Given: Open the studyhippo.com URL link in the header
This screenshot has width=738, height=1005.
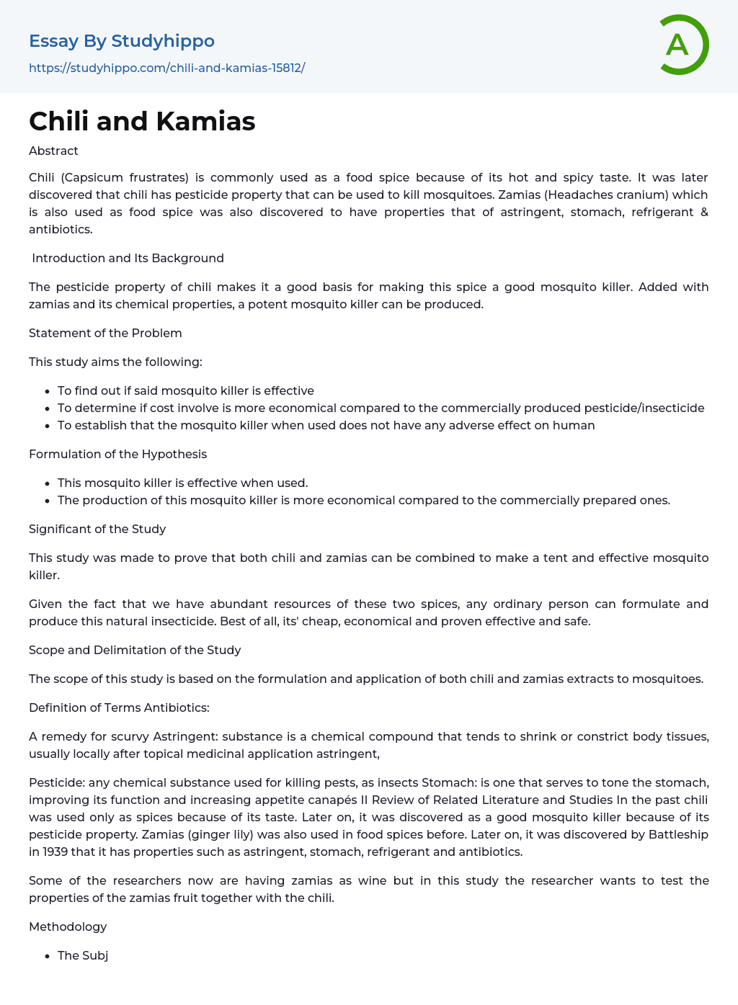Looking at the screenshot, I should pyautogui.click(x=166, y=68).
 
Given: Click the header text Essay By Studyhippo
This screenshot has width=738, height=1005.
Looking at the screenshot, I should pyautogui.click(x=122, y=41).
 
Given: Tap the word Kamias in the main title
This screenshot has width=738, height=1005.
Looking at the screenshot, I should pyautogui.click(x=205, y=122).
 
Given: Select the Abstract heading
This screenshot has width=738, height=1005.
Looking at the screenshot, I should pyautogui.click(x=53, y=151).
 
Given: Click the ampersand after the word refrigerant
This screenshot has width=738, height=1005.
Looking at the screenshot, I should pyautogui.click(x=704, y=212).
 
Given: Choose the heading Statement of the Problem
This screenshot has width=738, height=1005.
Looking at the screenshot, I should pyautogui.click(x=105, y=333).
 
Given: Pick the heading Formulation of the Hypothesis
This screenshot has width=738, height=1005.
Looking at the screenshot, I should pyautogui.click(x=117, y=454).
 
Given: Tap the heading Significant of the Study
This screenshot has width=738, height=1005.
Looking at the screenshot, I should pyautogui.click(x=97, y=529).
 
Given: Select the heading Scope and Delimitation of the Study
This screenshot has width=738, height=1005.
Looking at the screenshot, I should pyautogui.click(x=135, y=650).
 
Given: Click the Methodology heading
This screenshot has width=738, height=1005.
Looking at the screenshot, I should pyautogui.click(x=68, y=926).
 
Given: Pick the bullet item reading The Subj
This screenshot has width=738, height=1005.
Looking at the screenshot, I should pyautogui.click(x=83, y=955).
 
